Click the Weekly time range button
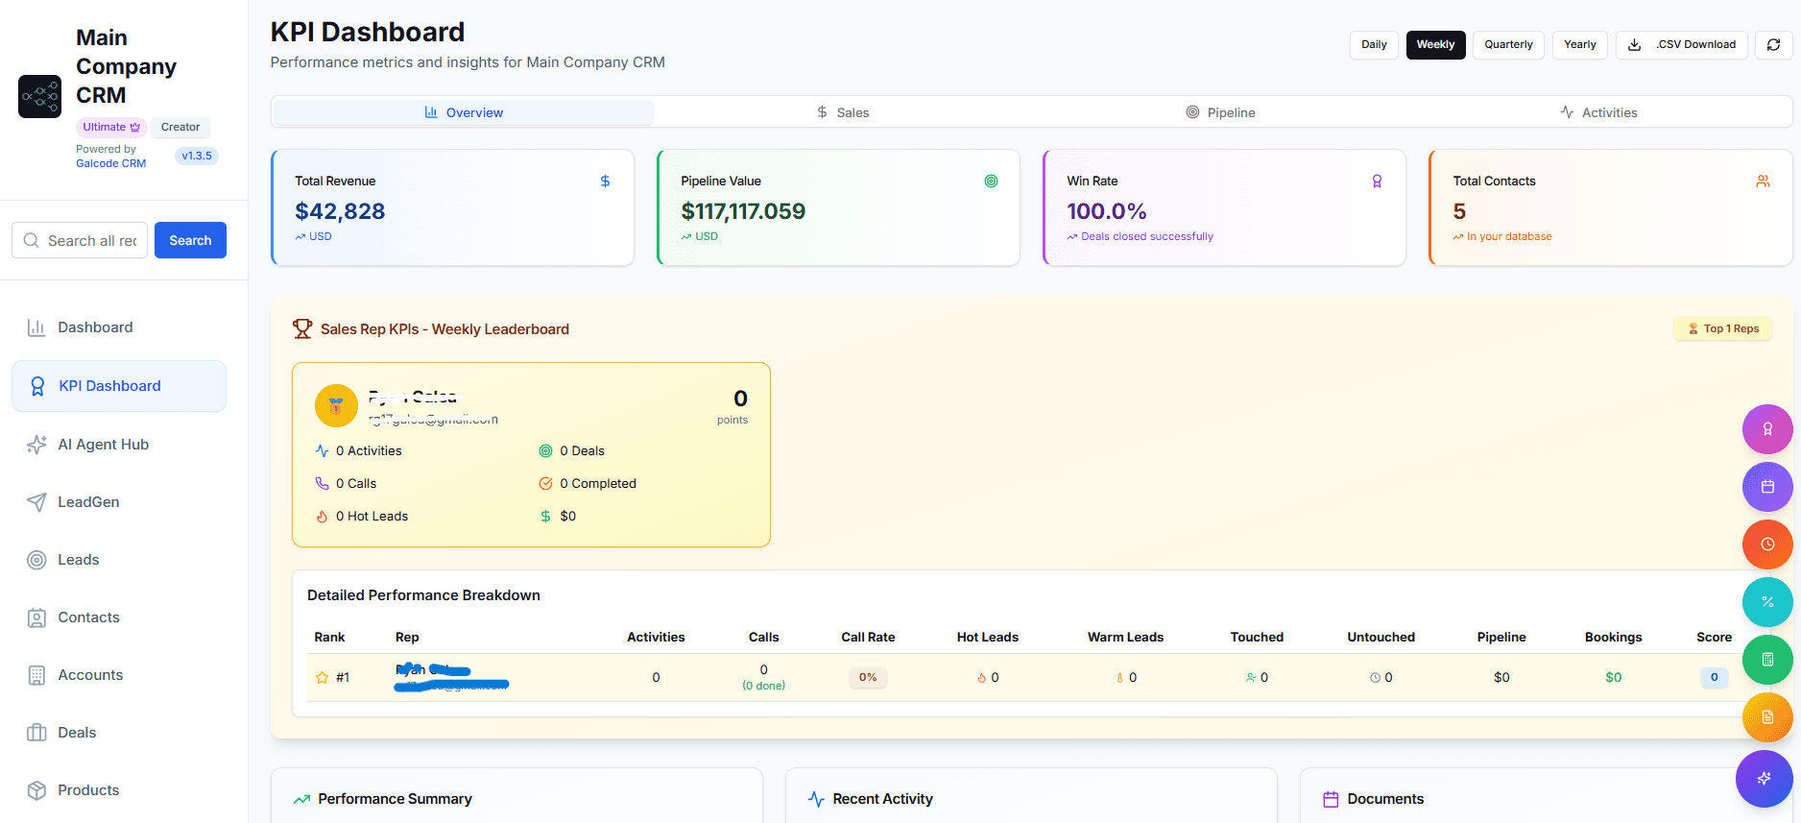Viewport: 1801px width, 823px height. click(1435, 44)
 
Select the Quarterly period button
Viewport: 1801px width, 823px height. click(1508, 44)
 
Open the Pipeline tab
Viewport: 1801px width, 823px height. click(1220, 112)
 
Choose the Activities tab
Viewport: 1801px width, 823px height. click(1598, 112)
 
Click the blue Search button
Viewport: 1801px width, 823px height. click(190, 240)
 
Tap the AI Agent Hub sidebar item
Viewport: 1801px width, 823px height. click(103, 445)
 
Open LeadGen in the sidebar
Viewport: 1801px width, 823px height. click(88, 502)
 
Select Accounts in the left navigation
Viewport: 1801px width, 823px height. click(90, 675)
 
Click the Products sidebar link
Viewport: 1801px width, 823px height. click(88, 790)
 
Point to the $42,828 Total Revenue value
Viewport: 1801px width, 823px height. click(340, 211)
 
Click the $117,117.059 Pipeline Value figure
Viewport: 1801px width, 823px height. click(743, 211)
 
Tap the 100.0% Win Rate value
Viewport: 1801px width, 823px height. click(1107, 211)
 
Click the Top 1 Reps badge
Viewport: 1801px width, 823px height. click(1723, 328)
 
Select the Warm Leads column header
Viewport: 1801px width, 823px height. click(1125, 637)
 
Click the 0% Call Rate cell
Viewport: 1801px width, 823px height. click(868, 677)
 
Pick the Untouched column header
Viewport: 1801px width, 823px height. click(1381, 637)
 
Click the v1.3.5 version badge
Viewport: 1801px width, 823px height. click(197, 156)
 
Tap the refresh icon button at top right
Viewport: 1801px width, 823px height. click(1773, 44)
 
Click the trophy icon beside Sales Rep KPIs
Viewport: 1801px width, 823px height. click(302, 329)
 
